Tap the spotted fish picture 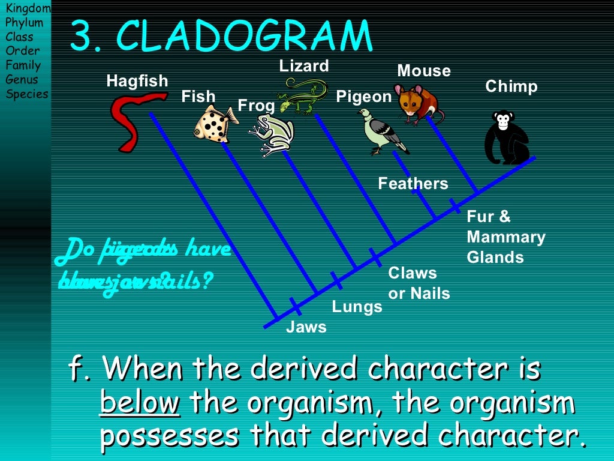pyautogui.click(x=215, y=123)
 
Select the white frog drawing pyautogui.click(x=273, y=135)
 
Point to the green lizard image pyautogui.click(x=303, y=96)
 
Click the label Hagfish pyautogui.click(x=137, y=81)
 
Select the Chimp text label pyautogui.click(x=511, y=86)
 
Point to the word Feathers pyautogui.click(x=413, y=184)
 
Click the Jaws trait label pyautogui.click(x=306, y=327)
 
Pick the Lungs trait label pyautogui.click(x=357, y=307)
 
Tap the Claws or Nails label pyautogui.click(x=419, y=283)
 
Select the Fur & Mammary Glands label pyautogui.click(x=506, y=237)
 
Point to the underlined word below pyautogui.click(x=140, y=404)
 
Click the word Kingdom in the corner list pyautogui.click(x=28, y=8)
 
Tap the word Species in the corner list pyautogui.click(x=27, y=94)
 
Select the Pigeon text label pyautogui.click(x=363, y=97)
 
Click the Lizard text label pyautogui.click(x=304, y=66)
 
